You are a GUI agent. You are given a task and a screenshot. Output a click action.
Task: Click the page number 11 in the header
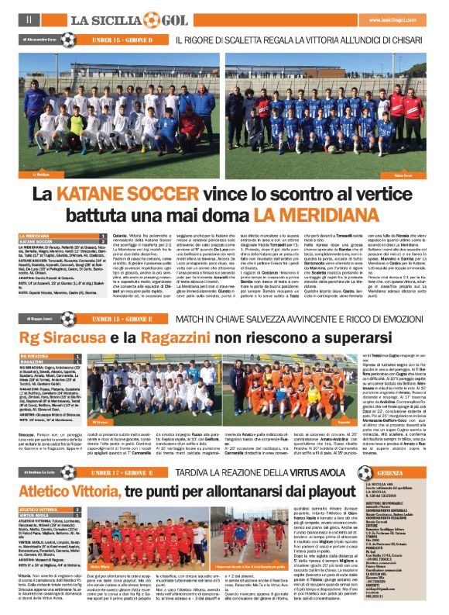click(28, 18)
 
